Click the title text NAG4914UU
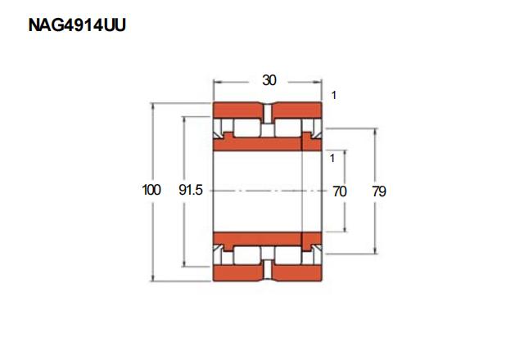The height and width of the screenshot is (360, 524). coord(77,25)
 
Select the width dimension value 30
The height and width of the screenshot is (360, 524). coord(269,80)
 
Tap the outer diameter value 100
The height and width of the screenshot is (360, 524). coord(151,190)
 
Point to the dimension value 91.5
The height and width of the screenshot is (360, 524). coord(191,190)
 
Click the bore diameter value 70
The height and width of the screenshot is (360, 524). coord(340,191)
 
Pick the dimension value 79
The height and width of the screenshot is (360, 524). coord(379,191)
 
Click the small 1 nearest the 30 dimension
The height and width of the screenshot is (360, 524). coord(333,96)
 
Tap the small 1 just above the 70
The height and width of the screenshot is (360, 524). coord(332,158)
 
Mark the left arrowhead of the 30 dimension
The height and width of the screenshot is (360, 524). coord(217,82)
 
